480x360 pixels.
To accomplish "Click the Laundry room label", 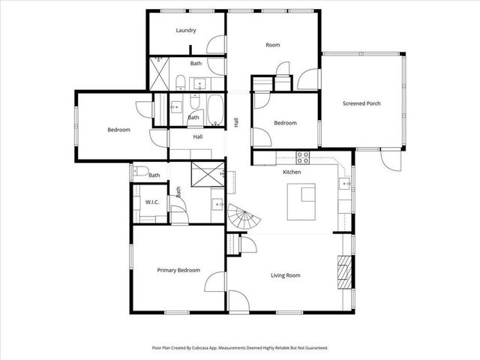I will [x=186, y=31].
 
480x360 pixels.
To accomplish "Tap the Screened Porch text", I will [x=361, y=103].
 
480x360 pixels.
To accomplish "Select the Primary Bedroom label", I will [x=178, y=270].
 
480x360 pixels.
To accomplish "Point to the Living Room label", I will [x=285, y=275].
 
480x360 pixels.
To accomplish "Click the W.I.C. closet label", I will [x=151, y=202].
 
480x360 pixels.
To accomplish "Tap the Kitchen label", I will [x=292, y=172].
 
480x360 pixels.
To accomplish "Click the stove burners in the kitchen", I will [x=304, y=157].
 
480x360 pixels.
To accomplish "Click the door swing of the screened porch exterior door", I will [x=388, y=158].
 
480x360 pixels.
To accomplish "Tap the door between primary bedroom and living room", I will [x=216, y=283].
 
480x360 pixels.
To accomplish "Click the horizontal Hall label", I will [x=198, y=137].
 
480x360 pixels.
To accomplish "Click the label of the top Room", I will [x=273, y=45].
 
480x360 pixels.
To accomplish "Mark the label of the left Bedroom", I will [x=118, y=130].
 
